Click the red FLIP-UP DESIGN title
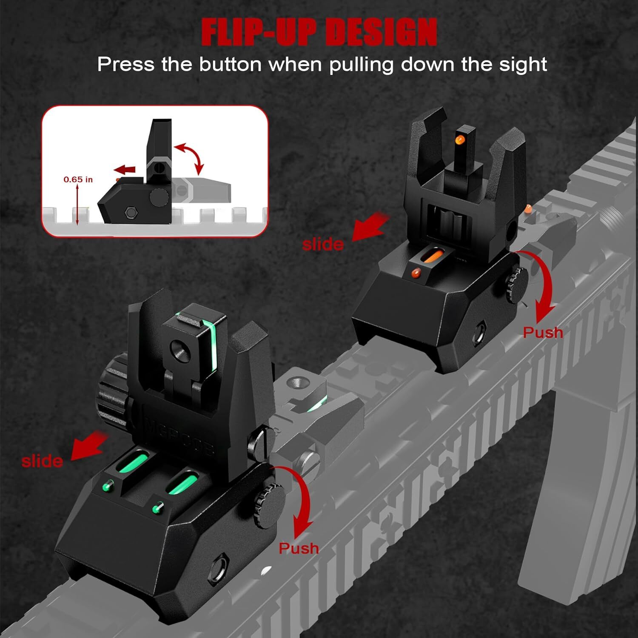[319, 32]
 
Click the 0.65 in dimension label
[78, 179]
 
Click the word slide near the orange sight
[323, 245]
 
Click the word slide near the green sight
[42, 461]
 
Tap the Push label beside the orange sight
[543, 332]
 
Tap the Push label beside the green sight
[299, 548]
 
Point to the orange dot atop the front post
[460, 139]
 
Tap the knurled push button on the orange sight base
[517, 281]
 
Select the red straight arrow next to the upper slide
[370, 228]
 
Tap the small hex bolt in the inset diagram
[129, 212]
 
